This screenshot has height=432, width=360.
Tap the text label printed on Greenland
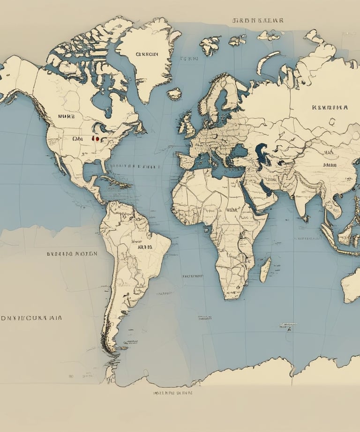tap(147, 54)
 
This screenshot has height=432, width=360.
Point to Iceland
tap(174, 94)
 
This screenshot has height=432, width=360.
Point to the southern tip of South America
tap(111, 349)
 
